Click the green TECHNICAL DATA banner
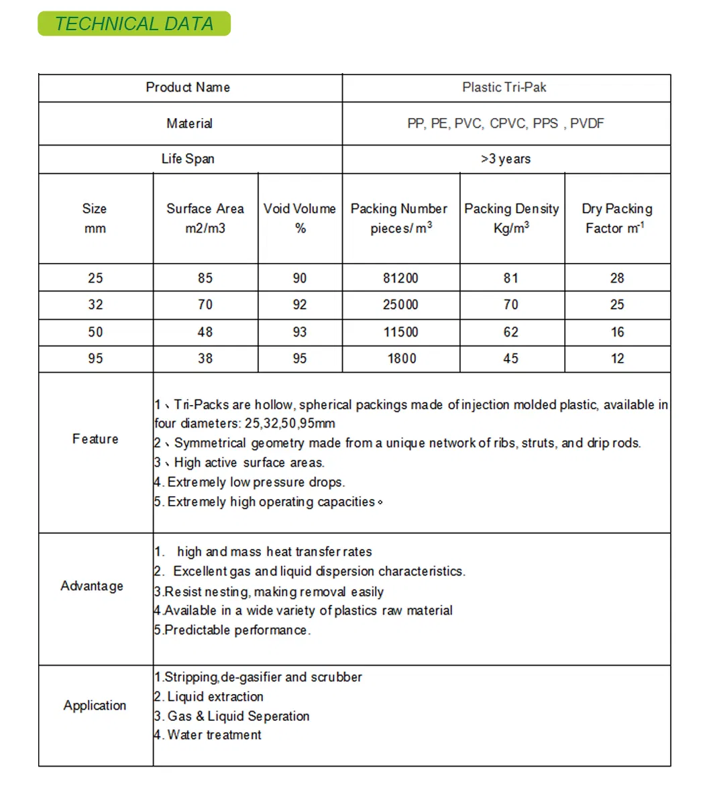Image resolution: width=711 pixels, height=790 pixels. [134, 24]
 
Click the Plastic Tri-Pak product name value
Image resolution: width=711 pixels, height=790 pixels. [504, 87]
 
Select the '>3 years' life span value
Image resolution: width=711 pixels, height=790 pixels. [506, 159]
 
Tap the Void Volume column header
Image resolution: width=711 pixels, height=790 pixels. [300, 218]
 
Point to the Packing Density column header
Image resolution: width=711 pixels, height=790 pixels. [512, 218]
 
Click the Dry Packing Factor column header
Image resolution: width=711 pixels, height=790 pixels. [617, 218]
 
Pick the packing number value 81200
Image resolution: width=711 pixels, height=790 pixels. [400, 278]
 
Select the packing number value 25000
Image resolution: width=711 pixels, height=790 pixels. [400, 304]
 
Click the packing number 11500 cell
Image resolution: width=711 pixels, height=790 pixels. [400, 332]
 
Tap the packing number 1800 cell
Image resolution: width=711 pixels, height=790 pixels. [402, 359]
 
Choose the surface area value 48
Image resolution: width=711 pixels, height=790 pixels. [205, 332]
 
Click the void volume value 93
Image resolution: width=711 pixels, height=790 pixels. [300, 332]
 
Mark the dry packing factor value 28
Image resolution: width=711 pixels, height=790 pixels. [617, 278]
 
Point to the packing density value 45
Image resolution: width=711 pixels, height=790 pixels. [511, 359]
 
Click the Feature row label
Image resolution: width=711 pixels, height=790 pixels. [95, 439]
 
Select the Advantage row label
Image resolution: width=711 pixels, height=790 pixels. [92, 586]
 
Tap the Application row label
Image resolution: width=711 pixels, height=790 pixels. [95, 706]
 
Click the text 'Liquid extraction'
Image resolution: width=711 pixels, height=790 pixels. [215, 697]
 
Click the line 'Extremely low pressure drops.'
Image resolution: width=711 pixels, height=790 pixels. [255, 482]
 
